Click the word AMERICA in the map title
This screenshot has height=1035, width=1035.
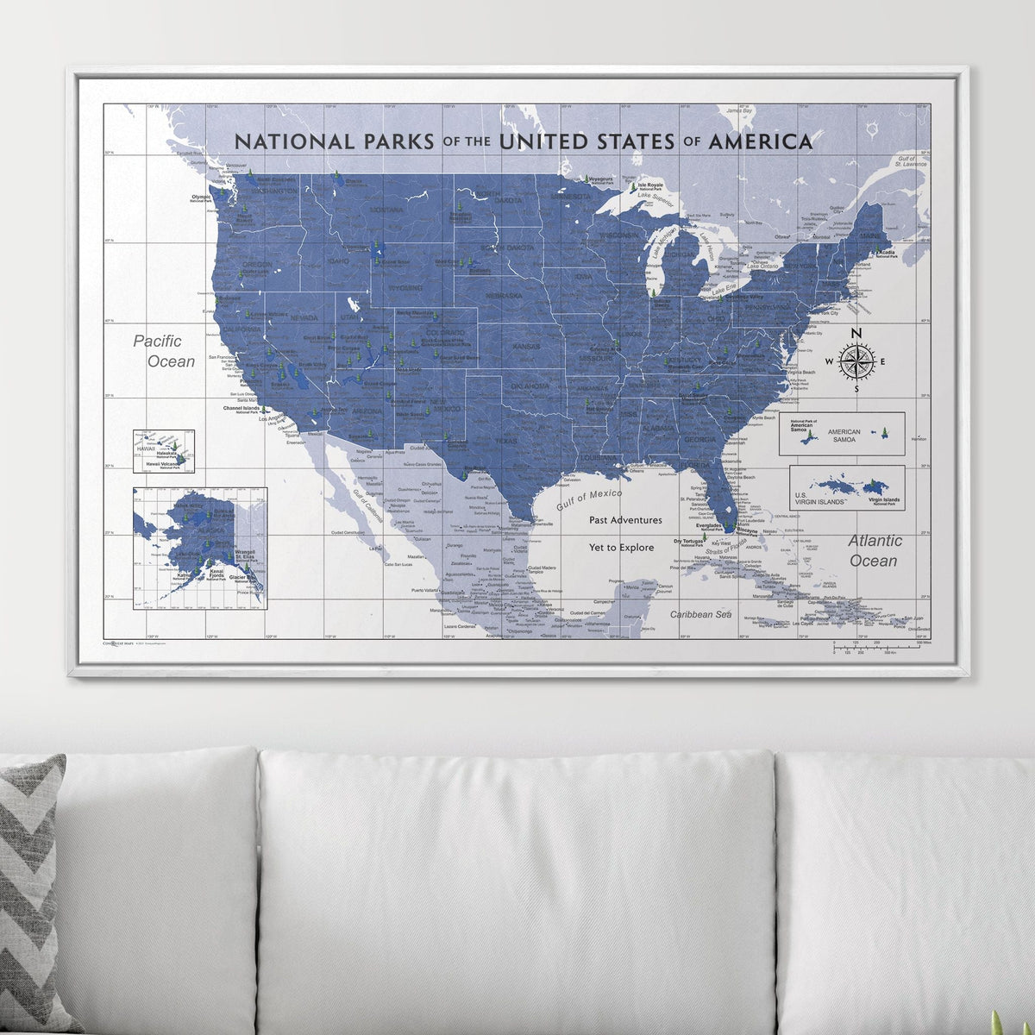760,141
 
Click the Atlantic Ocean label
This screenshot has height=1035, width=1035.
874,550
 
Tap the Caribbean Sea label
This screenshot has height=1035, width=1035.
702,614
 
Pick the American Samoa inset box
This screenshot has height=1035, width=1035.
841,433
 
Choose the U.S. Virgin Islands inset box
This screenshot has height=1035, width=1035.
847,487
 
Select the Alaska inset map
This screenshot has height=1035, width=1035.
199,548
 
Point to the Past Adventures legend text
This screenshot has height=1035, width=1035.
625,520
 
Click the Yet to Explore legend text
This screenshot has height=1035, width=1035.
621,548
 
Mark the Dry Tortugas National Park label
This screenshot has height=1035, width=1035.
687,544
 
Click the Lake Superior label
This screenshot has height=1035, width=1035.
656,198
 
